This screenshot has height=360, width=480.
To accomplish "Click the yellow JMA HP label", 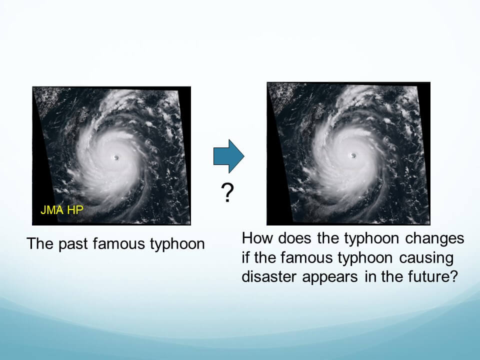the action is (62, 210).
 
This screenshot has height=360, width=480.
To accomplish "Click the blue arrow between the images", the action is (228, 156).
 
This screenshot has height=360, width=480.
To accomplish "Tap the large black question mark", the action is (227, 192).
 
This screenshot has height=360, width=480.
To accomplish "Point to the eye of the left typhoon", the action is (115, 157).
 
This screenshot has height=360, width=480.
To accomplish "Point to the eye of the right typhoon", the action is (353, 155).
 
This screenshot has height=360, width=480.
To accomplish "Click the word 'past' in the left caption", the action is (71, 244).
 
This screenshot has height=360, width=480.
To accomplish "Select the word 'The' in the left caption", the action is (40, 243).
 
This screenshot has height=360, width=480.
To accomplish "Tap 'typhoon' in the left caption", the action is (177, 244).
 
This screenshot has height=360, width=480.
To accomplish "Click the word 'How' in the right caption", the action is (257, 238).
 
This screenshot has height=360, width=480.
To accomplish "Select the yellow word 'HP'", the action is (75, 210).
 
